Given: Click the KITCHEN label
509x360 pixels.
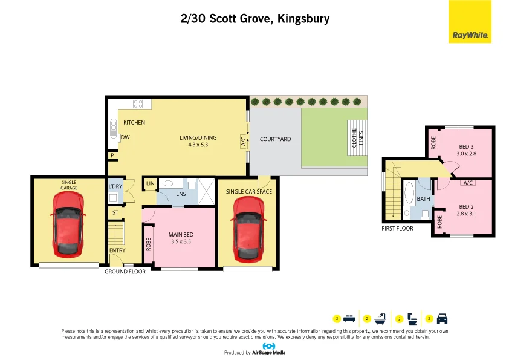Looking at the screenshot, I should click(x=134, y=123).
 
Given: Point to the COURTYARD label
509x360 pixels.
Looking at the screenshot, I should click(x=275, y=139).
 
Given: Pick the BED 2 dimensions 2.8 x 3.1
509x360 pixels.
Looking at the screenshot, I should click(x=467, y=214).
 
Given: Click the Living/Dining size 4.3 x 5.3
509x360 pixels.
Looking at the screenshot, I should click(x=198, y=145).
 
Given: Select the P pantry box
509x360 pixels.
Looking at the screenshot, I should click(x=112, y=155).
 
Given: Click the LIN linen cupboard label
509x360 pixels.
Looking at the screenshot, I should click(x=150, y=183).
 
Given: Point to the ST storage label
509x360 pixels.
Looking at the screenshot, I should click(x=115, y=212).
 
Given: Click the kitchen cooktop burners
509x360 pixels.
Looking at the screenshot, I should click(x=138, y=103).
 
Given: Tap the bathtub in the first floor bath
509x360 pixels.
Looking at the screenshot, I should click(x=409, y=194).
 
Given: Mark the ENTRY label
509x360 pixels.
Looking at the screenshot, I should click(x=117, y=250).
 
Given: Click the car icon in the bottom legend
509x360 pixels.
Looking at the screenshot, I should click(x=442, y=318).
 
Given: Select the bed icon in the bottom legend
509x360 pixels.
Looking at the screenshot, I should click(x=349, y=318).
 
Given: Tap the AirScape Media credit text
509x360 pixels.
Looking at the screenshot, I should click(x=268, y=352).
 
